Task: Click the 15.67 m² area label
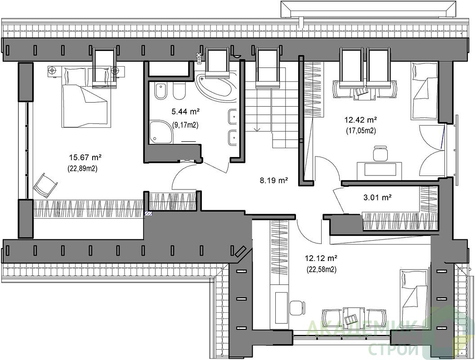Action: pyautogui.click(x=85, y=157)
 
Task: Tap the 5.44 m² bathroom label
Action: pyautogui.click(x=186, y=112)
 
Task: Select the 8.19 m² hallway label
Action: pyautogui.click(x=273, y=181)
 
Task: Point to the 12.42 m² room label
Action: pyautogui.click(x=360, y=120)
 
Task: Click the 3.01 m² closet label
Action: pyautogui.click(x=377, y=198)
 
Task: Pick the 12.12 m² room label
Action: pyautogui.click(x=321, y=258)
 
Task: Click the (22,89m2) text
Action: pyautogui.click(x=82, y=169)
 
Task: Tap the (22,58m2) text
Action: pyautogui.click(x=322, y=270)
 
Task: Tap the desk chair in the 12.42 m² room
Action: pyautogui.click(x=381, y=153)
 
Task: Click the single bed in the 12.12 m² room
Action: pyautogui.click(x=414, y=298)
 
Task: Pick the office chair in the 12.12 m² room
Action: pyautogui.click(x=296, y=308)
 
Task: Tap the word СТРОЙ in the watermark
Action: pyautogui.click(x=394, y=349)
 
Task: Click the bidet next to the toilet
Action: pyautogui.click(x=179, y=90)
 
